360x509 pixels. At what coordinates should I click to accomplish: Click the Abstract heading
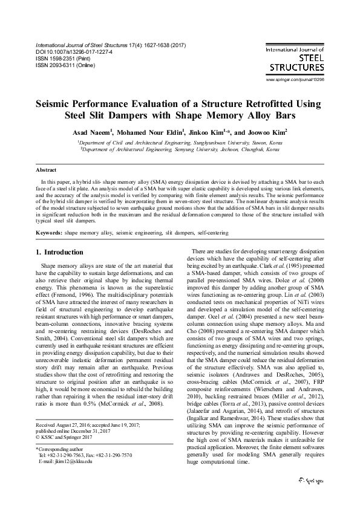47,170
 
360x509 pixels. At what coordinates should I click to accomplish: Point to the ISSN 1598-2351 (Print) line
60,59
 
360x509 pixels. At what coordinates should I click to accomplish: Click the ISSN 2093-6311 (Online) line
62,65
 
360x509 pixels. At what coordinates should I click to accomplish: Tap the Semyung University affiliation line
180,149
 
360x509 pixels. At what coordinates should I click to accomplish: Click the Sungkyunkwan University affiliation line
180,141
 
